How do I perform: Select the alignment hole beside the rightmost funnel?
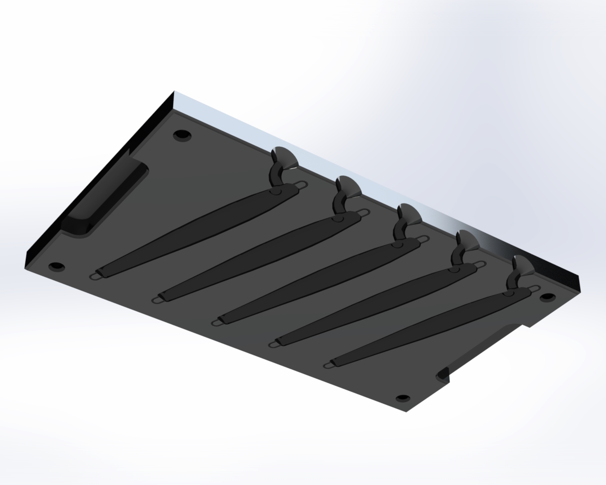point(547,297)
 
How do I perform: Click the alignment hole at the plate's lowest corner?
point(403,398)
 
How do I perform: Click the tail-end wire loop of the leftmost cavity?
point(97,274)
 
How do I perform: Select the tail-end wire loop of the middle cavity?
point(217,322)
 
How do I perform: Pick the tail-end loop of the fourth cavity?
point(274,344)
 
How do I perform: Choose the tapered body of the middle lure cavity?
point(314,278)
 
